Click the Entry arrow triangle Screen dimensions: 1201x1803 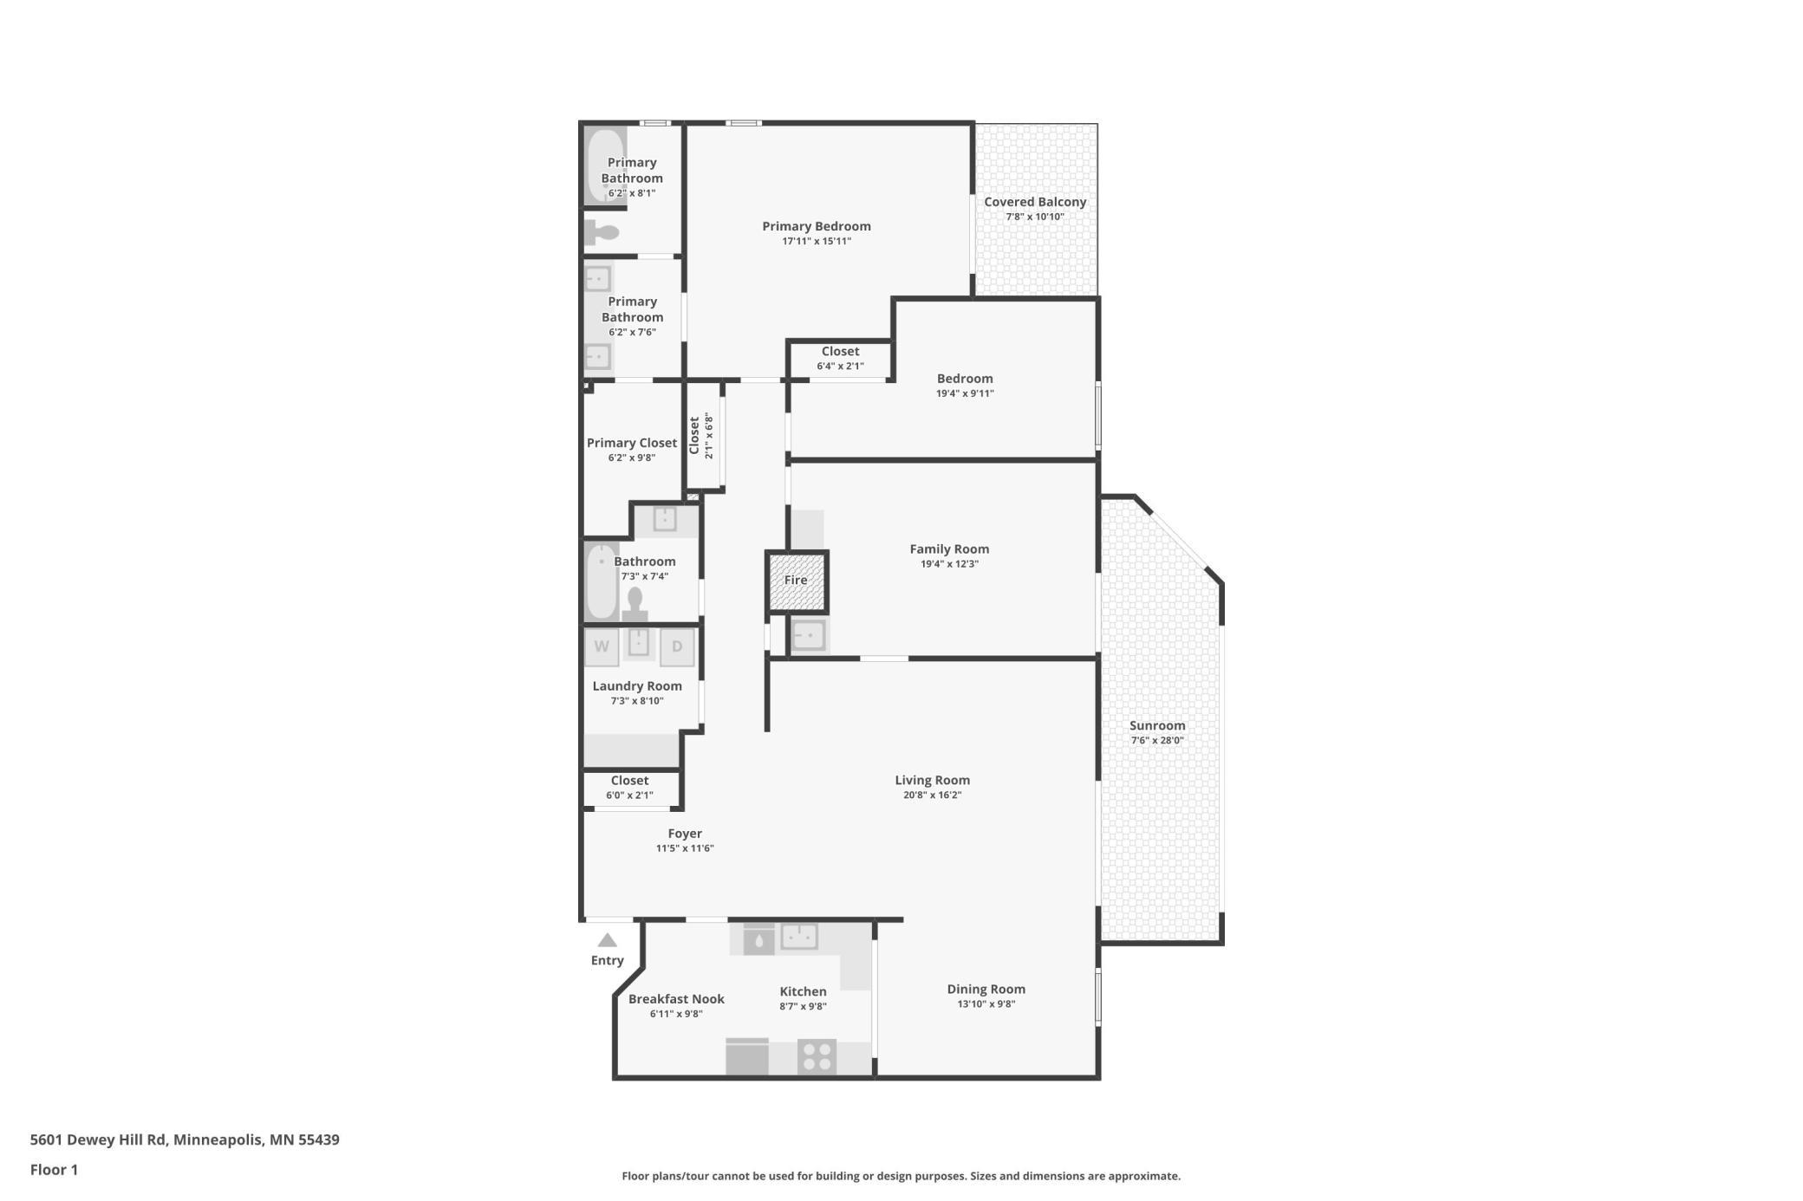click(607, 940)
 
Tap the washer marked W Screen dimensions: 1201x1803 click(602, 647)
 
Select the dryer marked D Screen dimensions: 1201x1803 click(677, 647)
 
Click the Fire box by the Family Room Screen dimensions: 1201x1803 click(796, 581)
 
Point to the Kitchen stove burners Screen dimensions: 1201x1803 click(817, 1057)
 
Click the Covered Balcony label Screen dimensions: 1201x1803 click(1035, 202)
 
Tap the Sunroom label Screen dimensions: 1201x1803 click(1156, 726)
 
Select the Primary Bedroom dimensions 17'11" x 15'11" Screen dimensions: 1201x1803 click(817, 242)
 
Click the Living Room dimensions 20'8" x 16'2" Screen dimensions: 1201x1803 click(932, 795)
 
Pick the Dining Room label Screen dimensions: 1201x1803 click(986, 990)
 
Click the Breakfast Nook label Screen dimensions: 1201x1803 click(676, 999)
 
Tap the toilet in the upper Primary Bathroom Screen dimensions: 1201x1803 click(602, 232)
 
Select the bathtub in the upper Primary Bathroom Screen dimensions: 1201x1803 click(604, 166)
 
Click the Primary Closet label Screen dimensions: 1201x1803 click(632, 443)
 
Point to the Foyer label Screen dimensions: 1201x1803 click(685, 834)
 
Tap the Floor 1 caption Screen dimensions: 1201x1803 click(54, 1170)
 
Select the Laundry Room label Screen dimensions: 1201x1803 click(637, 686)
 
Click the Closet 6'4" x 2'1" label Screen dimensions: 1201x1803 click(840, 352)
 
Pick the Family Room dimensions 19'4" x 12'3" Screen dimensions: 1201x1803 click(949, 564)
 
